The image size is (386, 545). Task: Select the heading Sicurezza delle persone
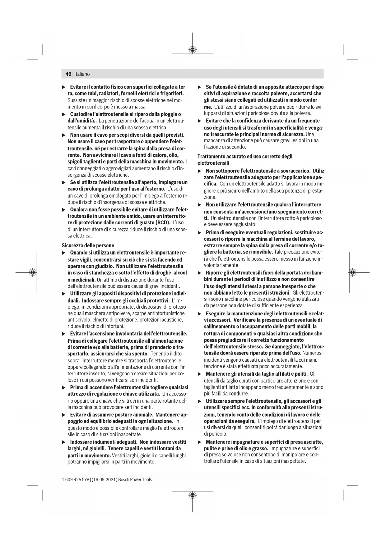click(88, 245)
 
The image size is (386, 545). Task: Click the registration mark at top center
click(193, 50)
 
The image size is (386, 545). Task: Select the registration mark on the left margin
click(32, 272)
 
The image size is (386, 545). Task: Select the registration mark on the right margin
click(352, 272)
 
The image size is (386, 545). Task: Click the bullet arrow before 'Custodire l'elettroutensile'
click(64, 114)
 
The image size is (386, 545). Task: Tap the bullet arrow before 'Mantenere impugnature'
click(200, 442)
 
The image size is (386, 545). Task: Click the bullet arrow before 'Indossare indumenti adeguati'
click(64, 442)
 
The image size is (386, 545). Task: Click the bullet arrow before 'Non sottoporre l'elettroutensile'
click(200, 171)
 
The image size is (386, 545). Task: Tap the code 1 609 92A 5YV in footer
click(75, 479)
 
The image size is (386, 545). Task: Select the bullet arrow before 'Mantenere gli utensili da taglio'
click(200, 374)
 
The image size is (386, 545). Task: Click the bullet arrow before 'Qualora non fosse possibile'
click(64, 209)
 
